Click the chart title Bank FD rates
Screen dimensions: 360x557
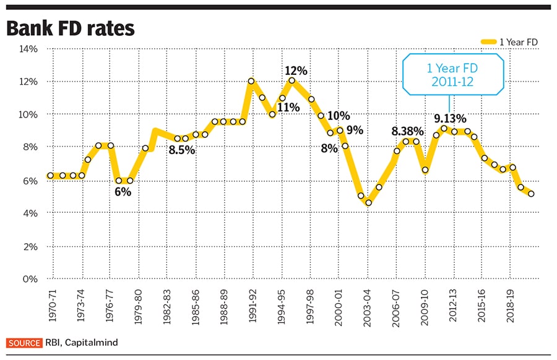(71, 28)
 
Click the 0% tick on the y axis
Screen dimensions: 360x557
(32, 279)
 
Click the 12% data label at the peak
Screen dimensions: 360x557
(295, 71)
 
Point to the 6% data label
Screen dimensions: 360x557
(122, 192)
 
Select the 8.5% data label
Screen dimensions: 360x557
(181, 150)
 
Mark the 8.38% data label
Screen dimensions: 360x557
(407, 131)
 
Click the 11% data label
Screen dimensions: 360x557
(288, 107)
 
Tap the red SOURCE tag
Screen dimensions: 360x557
(24, 343)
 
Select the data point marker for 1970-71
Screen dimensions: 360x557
(51, 176)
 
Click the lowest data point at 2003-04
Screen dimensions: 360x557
(368, 203)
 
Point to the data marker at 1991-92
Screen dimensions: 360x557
(251, 81)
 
